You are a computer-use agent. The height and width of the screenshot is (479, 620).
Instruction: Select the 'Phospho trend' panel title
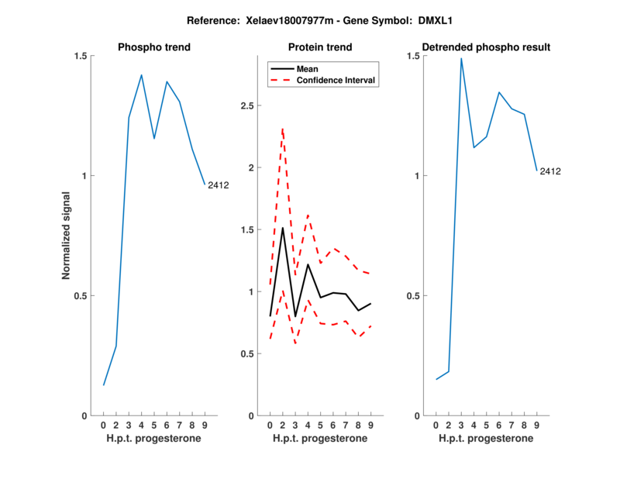pos(154,47)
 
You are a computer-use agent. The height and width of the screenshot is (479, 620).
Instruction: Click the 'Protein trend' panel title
pos(320,47)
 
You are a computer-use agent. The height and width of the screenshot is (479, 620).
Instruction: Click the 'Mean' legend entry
pos(308,68)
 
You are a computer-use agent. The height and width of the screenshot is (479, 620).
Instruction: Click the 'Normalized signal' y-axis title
pos(67,236)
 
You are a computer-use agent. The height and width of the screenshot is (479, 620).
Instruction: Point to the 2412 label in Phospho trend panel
pos(218,184)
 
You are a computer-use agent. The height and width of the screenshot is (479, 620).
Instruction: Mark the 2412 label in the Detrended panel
pos(550,171)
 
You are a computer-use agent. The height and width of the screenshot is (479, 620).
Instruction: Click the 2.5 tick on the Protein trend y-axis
pos(250,105)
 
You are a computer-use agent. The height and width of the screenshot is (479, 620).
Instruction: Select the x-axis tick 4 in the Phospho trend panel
pos(141,426)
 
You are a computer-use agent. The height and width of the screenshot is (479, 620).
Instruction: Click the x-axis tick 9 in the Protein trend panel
pos(370,426)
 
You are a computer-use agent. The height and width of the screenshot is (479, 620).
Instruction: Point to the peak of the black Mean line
pos(283,228)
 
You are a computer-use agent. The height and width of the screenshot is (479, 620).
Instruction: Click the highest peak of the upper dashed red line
pos(283,128)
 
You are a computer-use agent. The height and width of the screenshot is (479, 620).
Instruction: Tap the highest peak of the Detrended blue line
pos(461,58)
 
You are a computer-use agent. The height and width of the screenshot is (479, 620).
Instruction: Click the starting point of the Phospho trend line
pos(104,384)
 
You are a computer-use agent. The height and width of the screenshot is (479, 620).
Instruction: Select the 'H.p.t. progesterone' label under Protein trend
pos(320,438)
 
